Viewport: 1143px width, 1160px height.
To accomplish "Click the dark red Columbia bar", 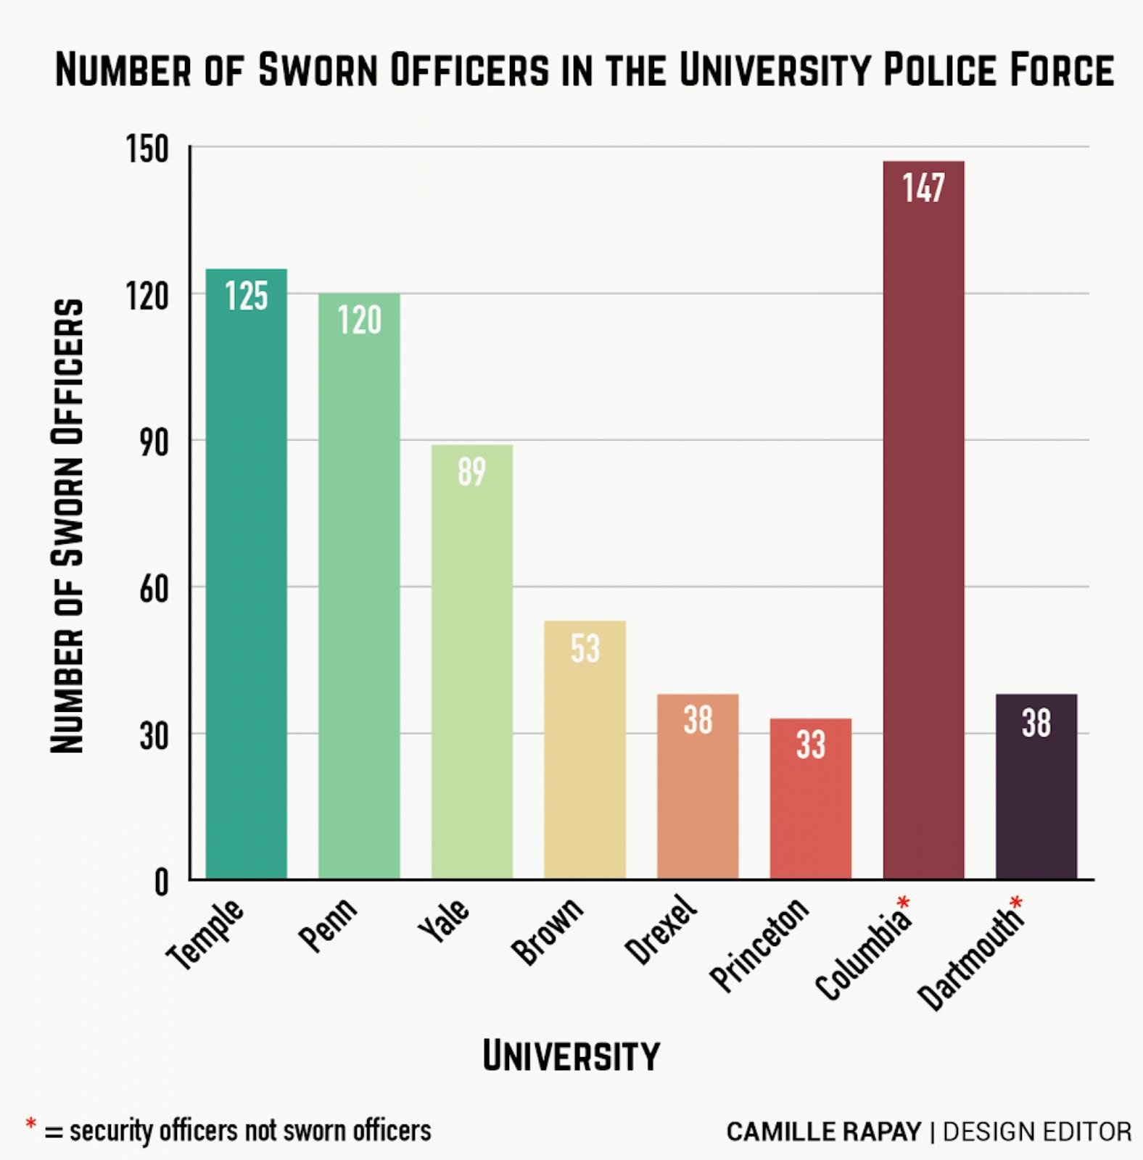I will [923, 522].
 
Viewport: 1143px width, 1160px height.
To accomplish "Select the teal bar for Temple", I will [246, 580].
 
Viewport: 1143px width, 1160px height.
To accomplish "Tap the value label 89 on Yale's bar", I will [471, 472].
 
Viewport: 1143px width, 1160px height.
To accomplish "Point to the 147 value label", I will [923, 188].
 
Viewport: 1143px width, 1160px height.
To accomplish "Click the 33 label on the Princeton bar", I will [810, 745].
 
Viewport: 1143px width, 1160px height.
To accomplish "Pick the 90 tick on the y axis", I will [154, 442].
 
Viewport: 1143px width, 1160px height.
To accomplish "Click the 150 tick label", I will [147, 149].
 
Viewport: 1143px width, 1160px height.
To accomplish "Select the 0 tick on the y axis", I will [161, 882].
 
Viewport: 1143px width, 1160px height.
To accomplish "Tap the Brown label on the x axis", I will [547, 931].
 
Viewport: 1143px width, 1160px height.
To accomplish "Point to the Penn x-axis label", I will [328, 924].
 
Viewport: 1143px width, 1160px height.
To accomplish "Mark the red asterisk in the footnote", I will [30, 1124].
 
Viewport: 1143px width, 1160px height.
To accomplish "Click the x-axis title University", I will [571, 1056].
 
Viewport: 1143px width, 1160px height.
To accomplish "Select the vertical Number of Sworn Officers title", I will [67, 526].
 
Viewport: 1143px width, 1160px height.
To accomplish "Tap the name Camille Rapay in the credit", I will [823, 1132].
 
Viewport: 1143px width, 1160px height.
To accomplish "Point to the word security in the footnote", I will [111, 1131].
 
